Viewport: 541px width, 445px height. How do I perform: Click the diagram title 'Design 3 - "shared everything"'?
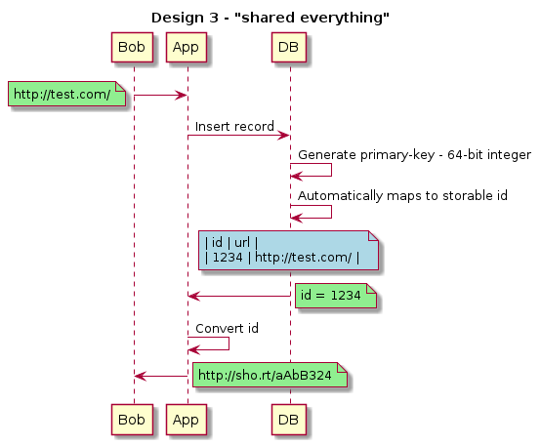tap(270, 18)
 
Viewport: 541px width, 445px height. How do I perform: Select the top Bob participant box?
tap(132, 48)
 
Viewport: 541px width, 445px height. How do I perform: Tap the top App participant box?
tap(187, 48)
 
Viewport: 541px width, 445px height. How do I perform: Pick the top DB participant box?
tap(289, 48)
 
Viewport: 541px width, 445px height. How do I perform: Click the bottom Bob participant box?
tap(132, 420)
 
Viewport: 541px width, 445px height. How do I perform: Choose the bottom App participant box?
tap(187, 420)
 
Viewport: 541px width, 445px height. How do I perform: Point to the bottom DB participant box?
tap(289, 420)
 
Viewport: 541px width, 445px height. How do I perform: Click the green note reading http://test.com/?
tap(67, 94)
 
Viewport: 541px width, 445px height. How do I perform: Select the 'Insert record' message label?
tap(234, 127)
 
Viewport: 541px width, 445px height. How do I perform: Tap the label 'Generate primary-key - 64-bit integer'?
tap(414, 155)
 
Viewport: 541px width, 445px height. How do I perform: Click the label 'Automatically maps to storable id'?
tap(402, 195)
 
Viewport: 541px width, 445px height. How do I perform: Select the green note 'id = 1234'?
tap(336, 296)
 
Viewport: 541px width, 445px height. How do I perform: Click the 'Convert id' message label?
tap(227, 329)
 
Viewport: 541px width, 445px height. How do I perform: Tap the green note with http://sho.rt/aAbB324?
tap(270, 375)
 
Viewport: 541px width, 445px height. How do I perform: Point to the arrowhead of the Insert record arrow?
tap(284, 136)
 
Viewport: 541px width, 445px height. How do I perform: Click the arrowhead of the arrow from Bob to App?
tap(182, 95)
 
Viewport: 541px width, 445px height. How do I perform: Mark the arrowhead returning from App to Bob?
tap(140, 377)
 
